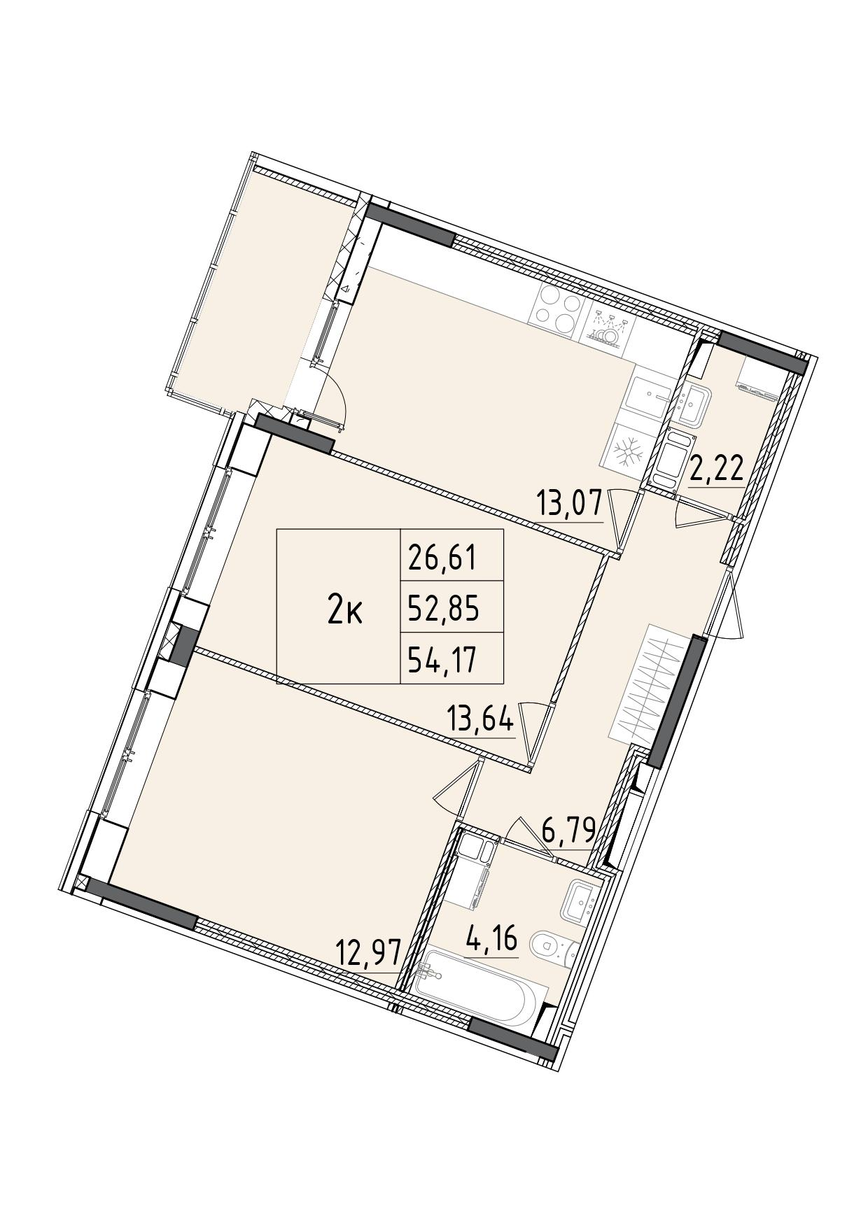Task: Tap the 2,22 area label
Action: [x=716, y=469]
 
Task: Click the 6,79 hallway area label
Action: [x=569, y=831]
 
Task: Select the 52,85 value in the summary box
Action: [x=443, y=609]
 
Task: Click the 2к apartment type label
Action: [x=344, y=612]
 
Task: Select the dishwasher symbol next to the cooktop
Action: [x=608, y=327]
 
